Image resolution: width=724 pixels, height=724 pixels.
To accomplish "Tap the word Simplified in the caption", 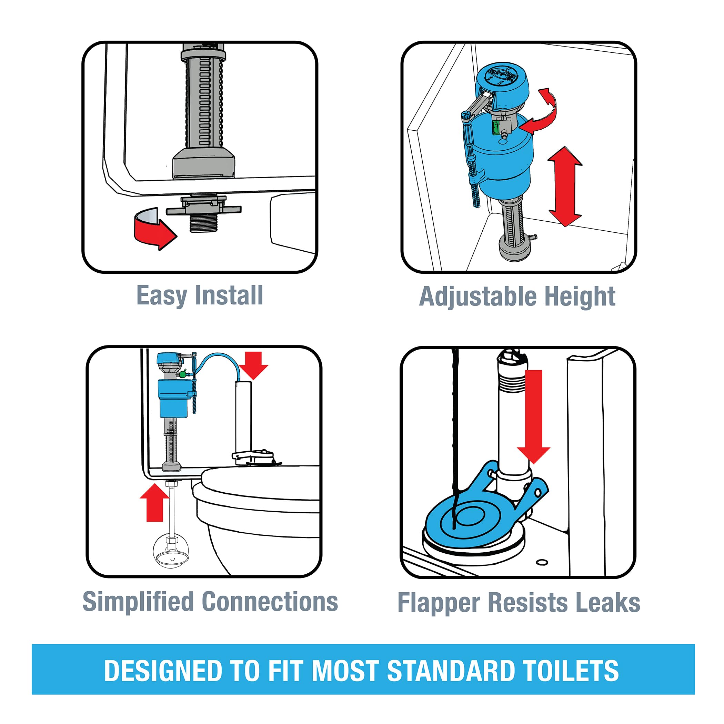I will pos(138,602).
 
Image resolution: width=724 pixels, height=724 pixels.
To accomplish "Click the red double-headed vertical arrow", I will pos(565,186).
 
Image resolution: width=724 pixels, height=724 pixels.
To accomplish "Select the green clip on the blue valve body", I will pos(496,128).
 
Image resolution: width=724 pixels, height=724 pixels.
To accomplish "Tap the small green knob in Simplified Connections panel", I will pos(182,374).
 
